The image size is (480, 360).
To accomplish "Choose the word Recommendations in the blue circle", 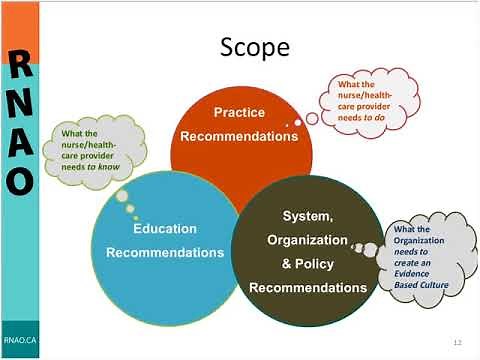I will point(165,252).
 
